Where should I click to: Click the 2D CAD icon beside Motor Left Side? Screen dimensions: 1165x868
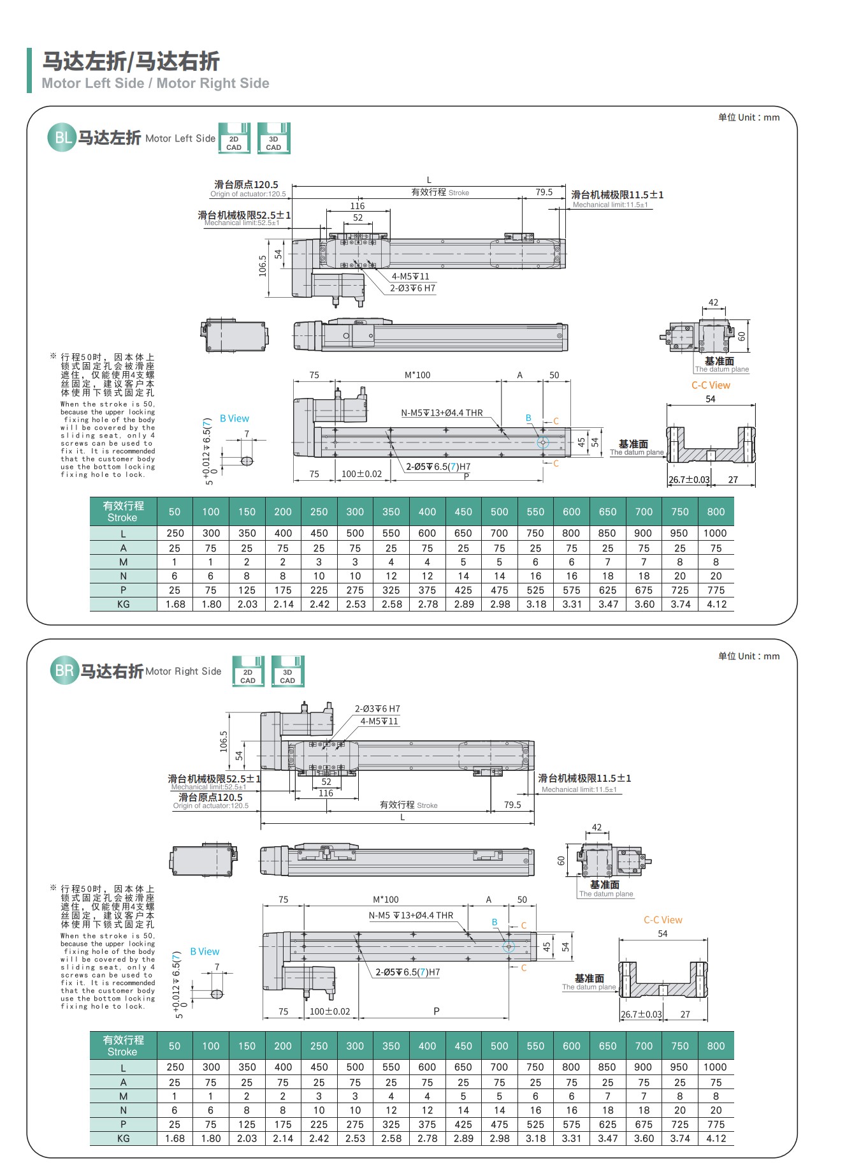(x=234, y=138)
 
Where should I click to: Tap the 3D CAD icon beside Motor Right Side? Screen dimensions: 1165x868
(x=287, y=671)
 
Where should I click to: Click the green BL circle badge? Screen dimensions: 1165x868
(x=62, y=138)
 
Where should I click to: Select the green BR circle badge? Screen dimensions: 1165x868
(x=64, y=671)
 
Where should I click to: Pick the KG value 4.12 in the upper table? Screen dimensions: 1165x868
(x=716, y=604)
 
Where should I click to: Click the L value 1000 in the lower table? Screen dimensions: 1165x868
(x=715, y=1067)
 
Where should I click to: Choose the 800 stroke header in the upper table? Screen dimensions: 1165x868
(x=716, y=511)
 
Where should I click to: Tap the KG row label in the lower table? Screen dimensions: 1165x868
(x=123, y=1138)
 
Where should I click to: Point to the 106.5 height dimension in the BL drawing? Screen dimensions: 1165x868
(x=263, y=266)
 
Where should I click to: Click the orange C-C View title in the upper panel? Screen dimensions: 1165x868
(x=711, y=385)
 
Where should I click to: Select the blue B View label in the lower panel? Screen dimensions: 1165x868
(x=205, y=951)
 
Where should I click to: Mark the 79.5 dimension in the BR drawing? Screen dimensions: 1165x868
(x=512, y=805)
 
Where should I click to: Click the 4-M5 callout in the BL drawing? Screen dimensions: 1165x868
(x=410, y=276)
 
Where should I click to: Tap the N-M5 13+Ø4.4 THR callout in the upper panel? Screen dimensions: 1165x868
(x=442, y=413)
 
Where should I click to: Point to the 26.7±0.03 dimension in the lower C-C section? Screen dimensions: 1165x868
(x=641, y=1014)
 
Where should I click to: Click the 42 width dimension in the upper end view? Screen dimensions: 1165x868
(x=713, y=303)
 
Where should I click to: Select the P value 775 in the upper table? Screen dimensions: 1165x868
(x=716, y=590)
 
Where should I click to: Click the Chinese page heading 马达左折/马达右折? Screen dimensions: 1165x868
(x=131, y=61)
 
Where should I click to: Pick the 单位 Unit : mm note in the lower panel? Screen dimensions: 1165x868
(x=748, y=656)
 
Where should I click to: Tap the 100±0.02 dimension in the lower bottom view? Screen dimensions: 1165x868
(x=329, y=1011)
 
